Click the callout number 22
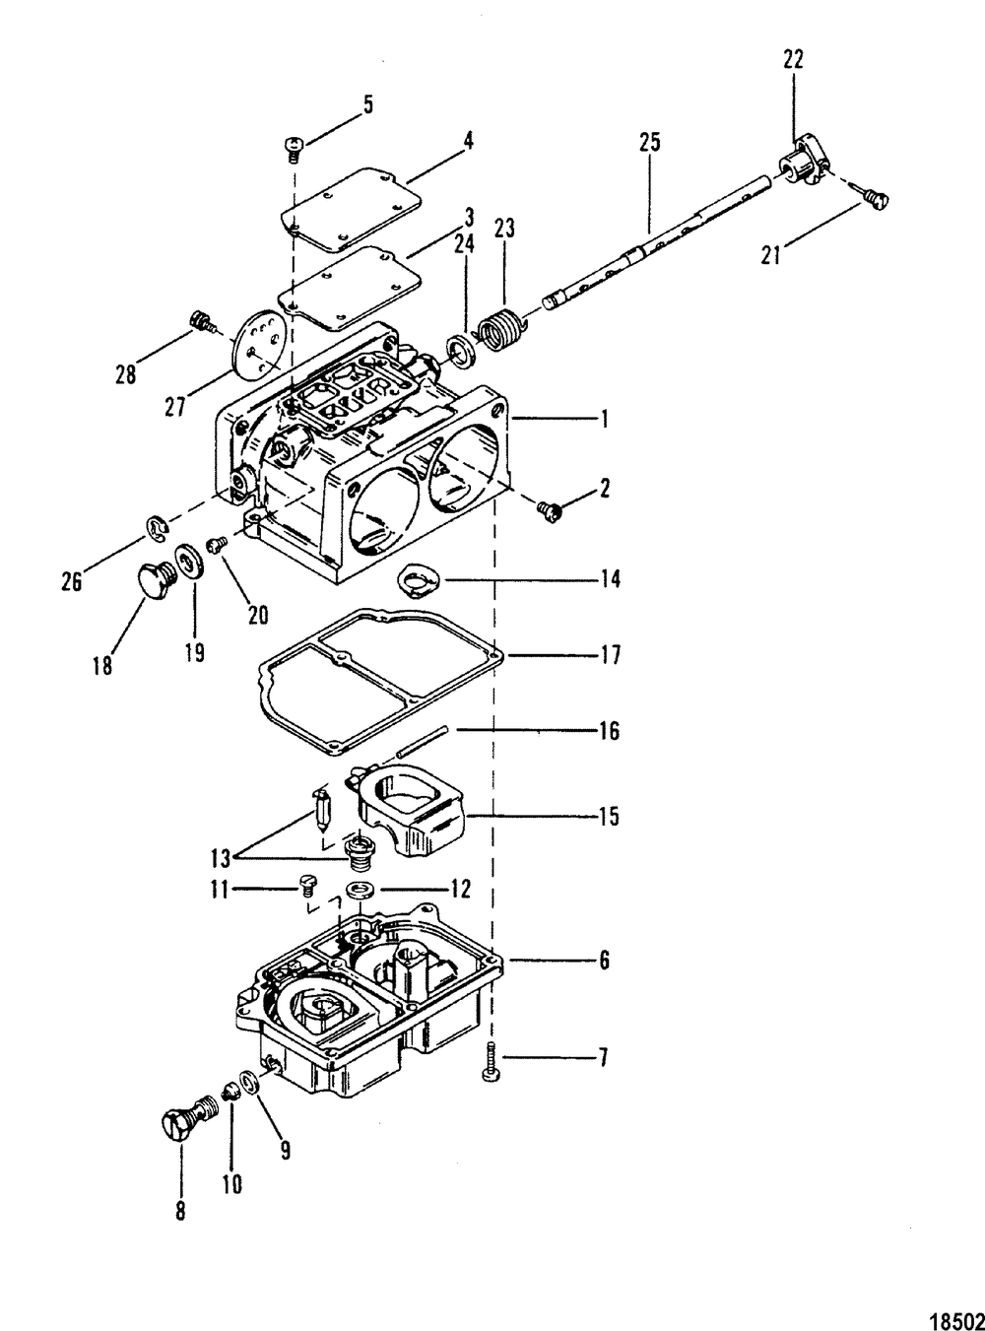tap(793, 60)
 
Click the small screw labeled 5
tap(294, 147)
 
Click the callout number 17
tap(611, 655)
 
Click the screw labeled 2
tap(549, 509)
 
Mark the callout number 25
tap(649, 143)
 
